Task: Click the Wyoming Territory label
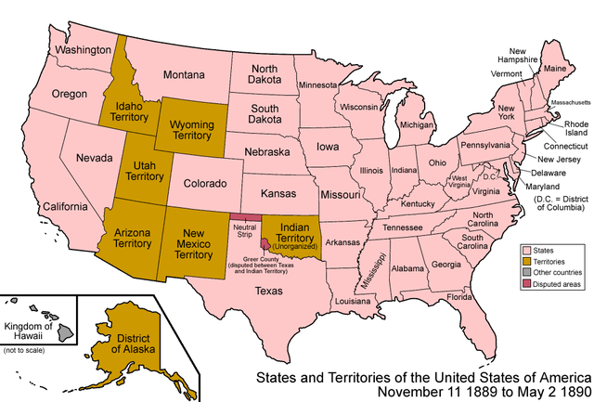click(189, 129)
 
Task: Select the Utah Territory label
click(144, 169)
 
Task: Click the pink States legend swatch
click(525, 251)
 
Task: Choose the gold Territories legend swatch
click(525, 263)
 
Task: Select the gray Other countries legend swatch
click(525, 274)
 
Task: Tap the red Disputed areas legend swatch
click(525, 285)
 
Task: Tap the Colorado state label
click(204, 184)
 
